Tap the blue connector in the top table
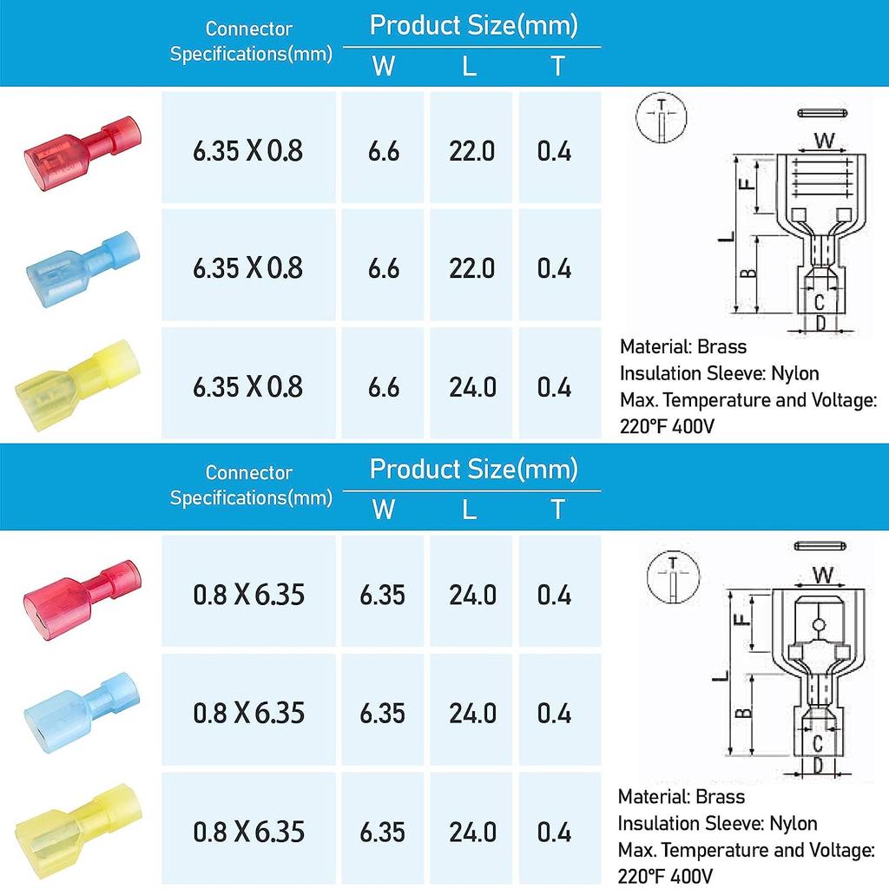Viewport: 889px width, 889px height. [82, 265]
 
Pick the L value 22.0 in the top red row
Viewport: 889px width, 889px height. [471, 151]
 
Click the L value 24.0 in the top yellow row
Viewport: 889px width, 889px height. [471, 386]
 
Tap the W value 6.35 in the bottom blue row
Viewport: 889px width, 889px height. [382, 714]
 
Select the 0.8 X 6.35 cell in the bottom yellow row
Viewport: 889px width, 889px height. [248, 832]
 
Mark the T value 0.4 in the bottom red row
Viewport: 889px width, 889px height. [554, 596]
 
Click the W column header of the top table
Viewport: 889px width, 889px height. [383, 65]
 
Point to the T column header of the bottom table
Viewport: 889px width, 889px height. [557, 509]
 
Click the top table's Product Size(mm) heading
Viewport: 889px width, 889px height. [473, 24]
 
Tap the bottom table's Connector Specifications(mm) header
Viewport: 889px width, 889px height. [250, 485]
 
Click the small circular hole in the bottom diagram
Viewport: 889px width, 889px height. [820, 625]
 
